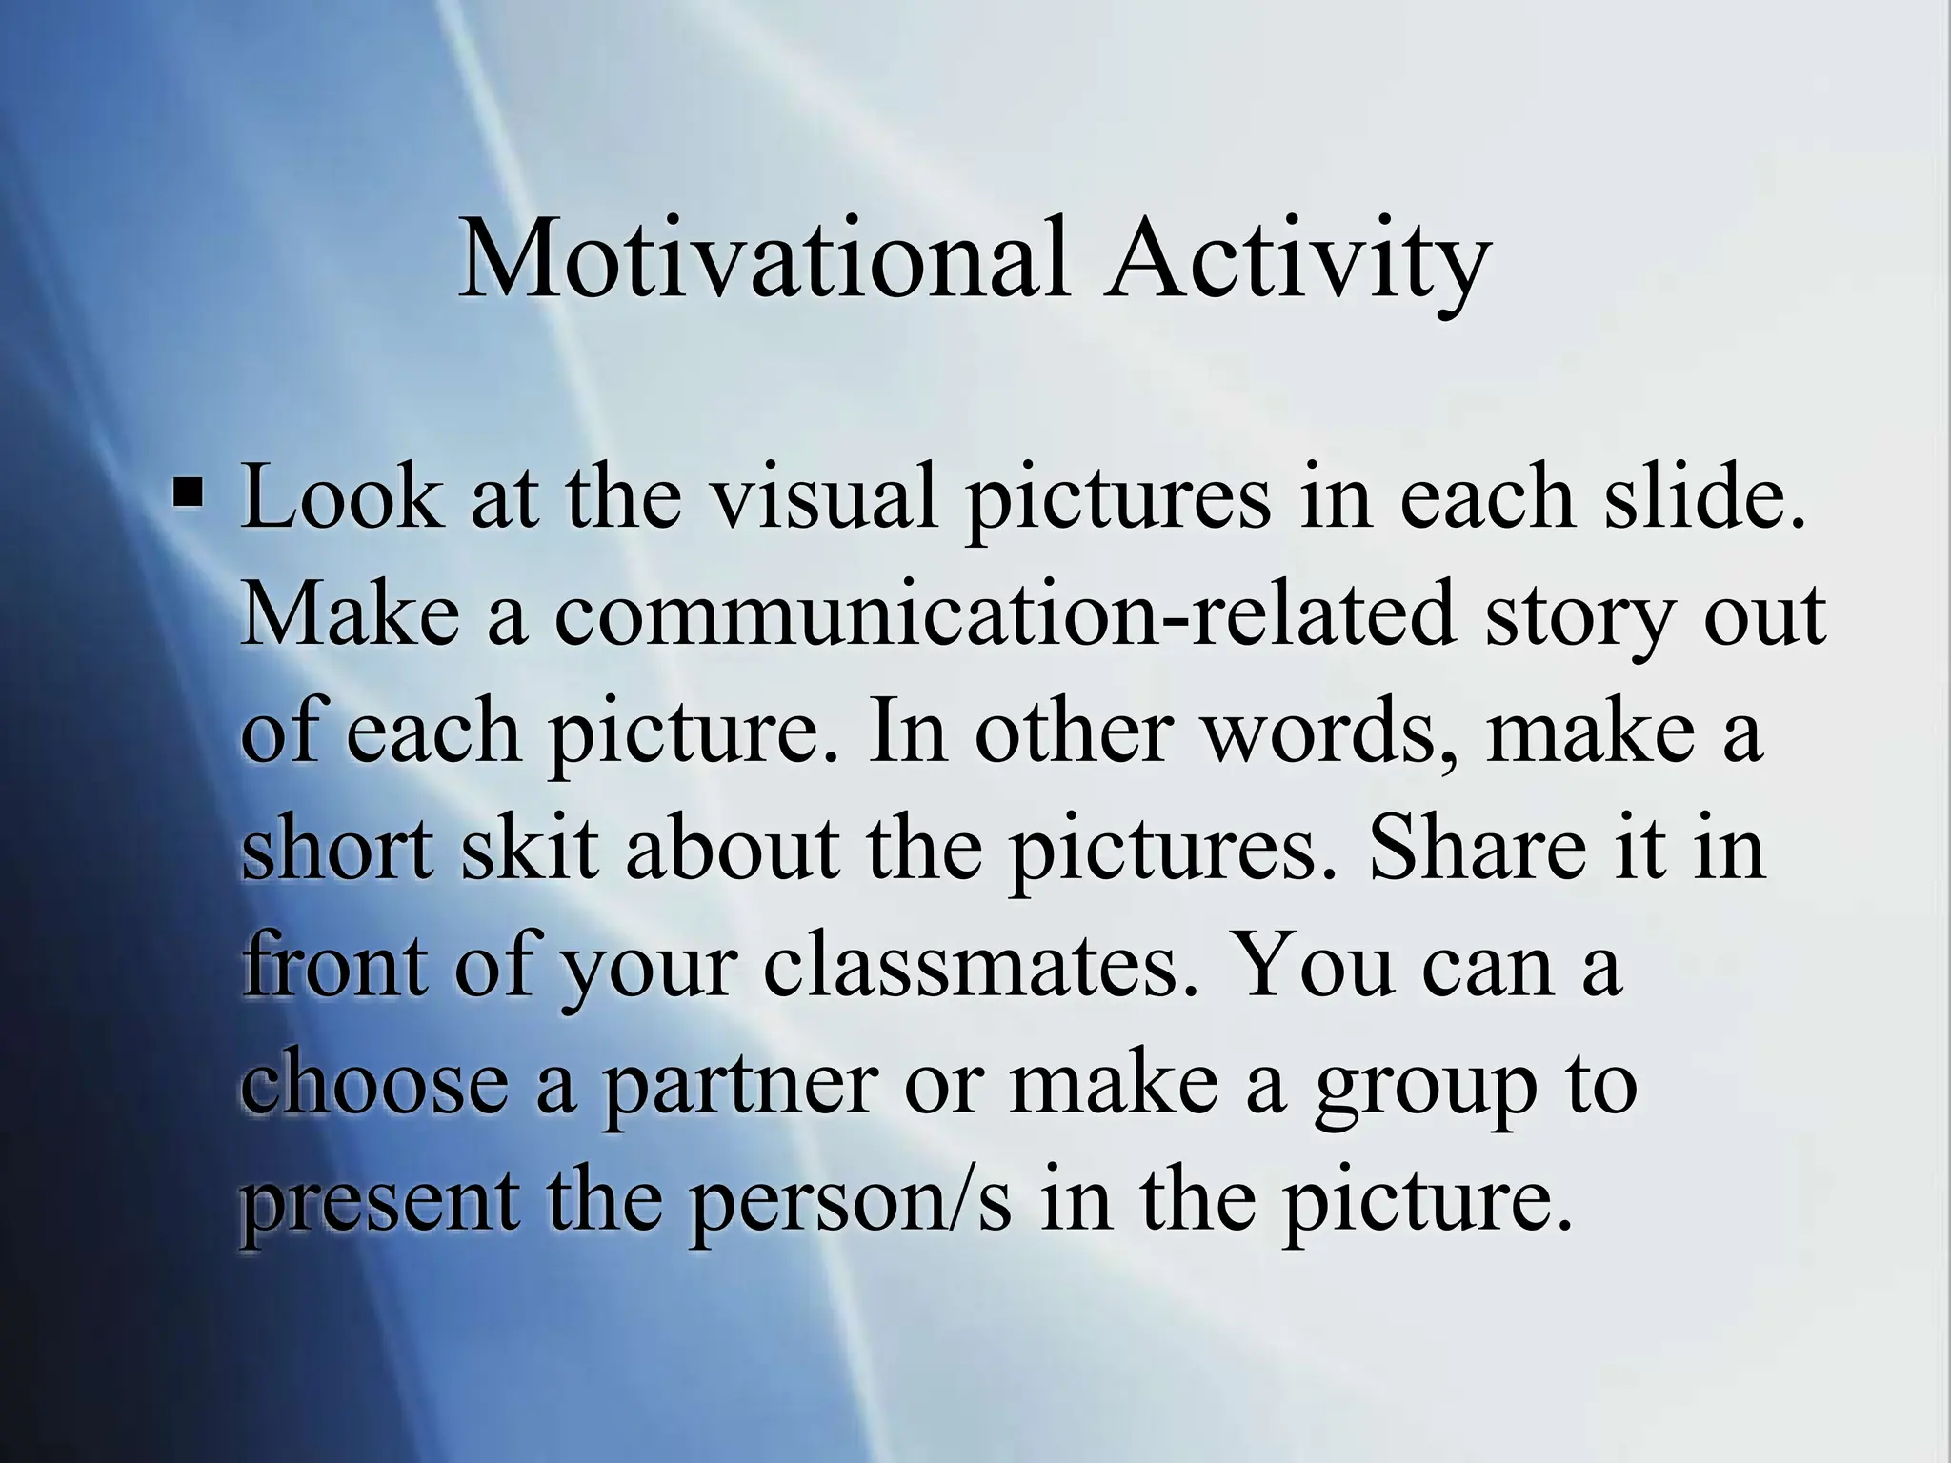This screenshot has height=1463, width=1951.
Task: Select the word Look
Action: click(341, 497)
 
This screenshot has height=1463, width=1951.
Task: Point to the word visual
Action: click(825, 497)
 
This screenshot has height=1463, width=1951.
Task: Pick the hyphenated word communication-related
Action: click(1004, 614)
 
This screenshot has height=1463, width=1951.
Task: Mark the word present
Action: click(379, 1202)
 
